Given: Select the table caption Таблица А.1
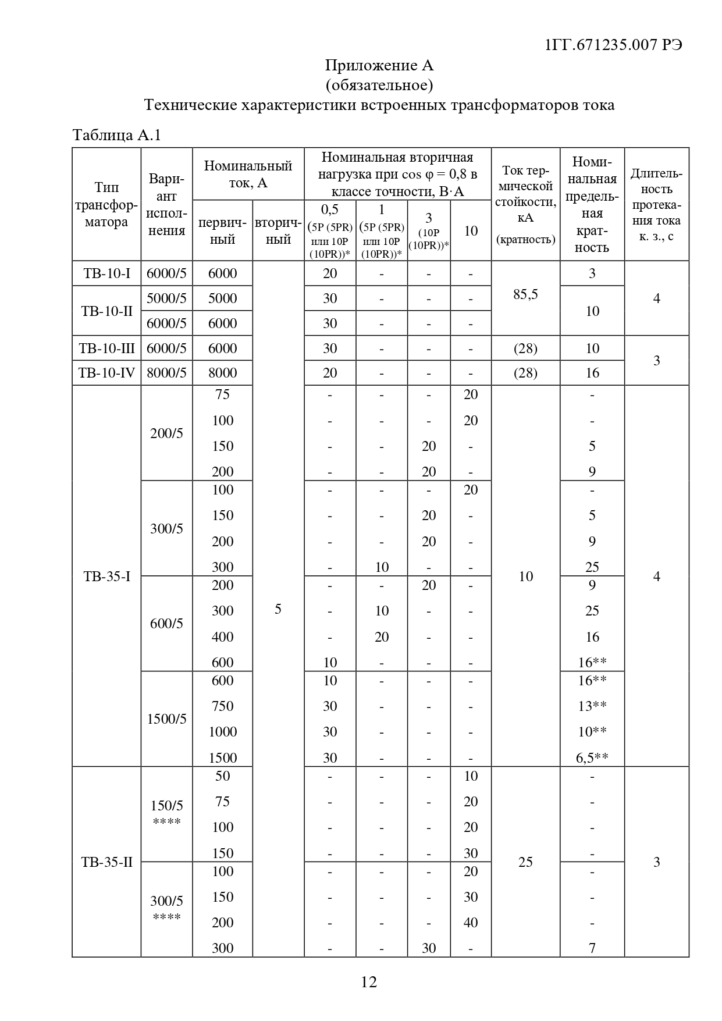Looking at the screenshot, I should pyautogui.click(x=116, y=136).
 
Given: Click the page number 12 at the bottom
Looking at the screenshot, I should pyautogui.click(x=369, y=982).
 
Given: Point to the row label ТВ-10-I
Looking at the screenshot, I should pyautogui.click(x=106, y=273).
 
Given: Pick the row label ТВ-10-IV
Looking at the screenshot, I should pyautogui.click(x=106, y=373).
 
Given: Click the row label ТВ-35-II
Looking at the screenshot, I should pyautogui.click(x=106, y=862).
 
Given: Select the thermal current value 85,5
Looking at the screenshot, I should pyautogui.click(x=525, y=294).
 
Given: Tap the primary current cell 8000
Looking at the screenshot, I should pyautogui.click(x=223, y=373).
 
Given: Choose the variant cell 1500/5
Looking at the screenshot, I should pyautogui.click(x=166, y=719).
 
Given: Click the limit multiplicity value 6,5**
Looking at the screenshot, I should pyautogui.click(x=593, y=757).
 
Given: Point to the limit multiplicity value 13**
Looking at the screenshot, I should pyautogui.click(x=593, y=706).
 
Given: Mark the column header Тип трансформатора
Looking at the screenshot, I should pyautogui.click(x=106, y=205).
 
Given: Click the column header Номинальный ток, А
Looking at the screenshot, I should pyautogui.click(x=248, y=174).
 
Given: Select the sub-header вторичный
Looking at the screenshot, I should pyautogui.click(x=278, y=231).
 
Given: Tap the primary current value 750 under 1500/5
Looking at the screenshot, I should pyautogui.click(x=223, y=706).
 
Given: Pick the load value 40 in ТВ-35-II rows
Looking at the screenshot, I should pyautogui.click(x=471, y=923).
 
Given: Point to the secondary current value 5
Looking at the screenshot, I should pyautogui.click(x=278, y=609).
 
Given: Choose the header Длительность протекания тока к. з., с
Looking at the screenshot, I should pyautogui.click(x=656, y=205).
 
